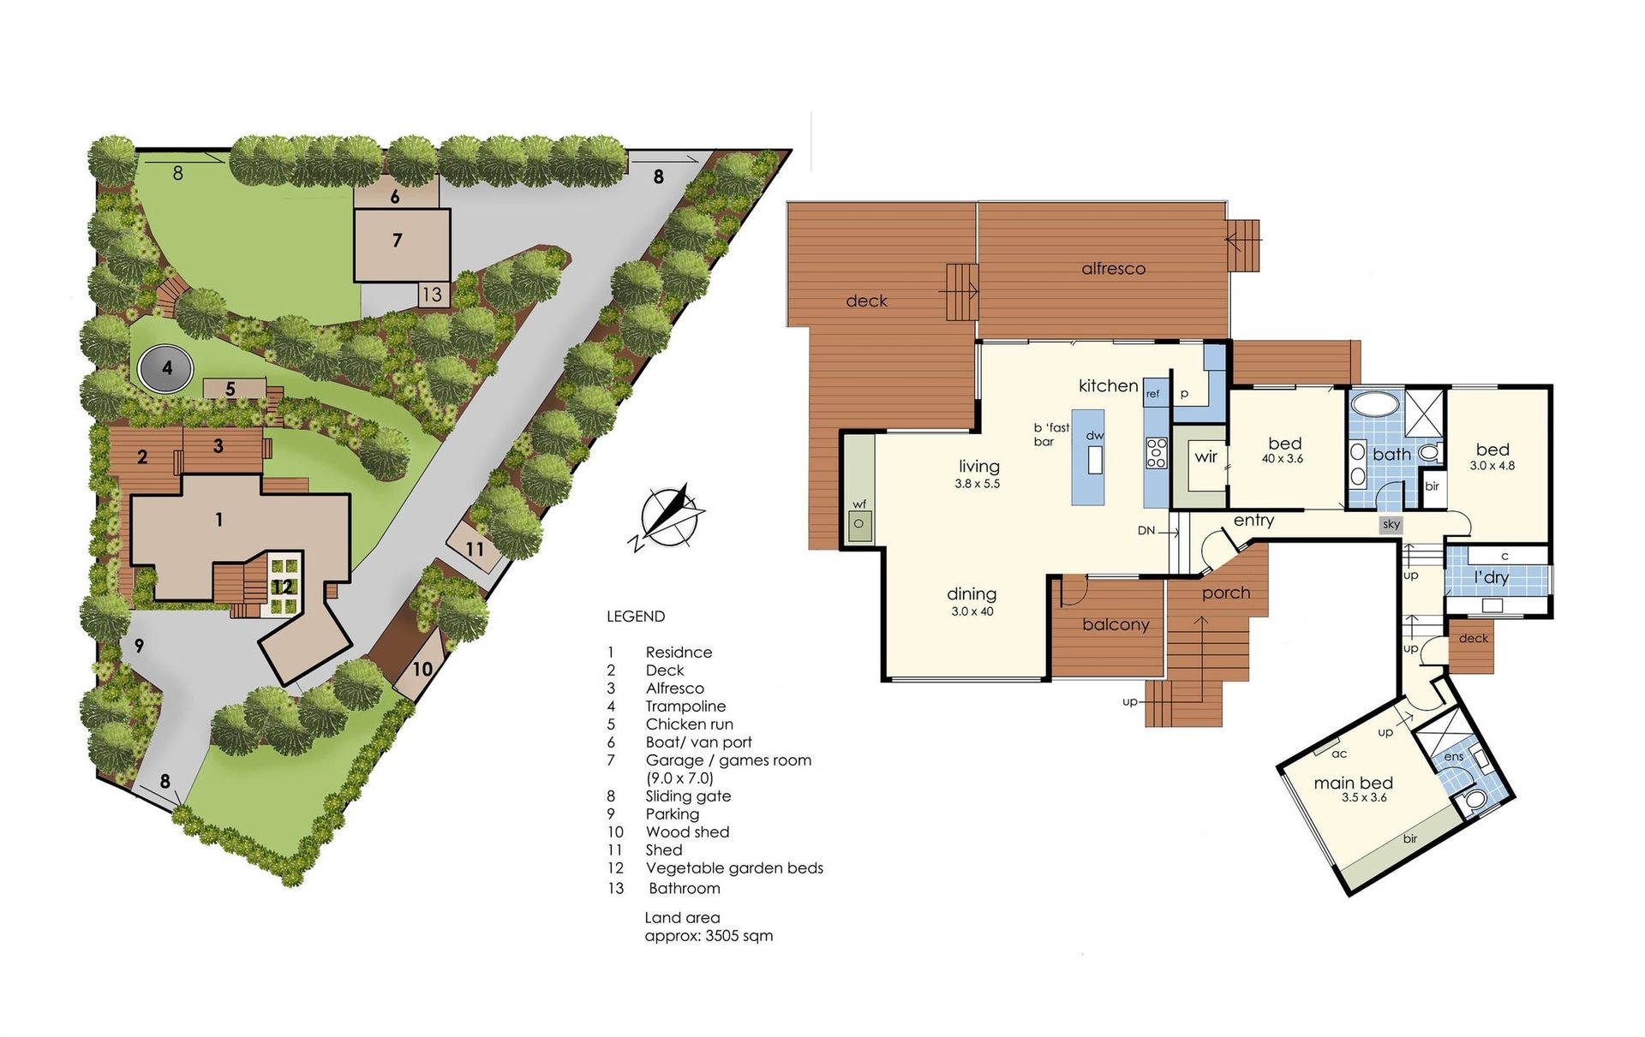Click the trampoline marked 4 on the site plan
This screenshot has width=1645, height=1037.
[x=165, y=369]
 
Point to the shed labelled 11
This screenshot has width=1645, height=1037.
[x=474, y=548]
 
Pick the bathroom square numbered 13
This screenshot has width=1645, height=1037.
[x=432, y=294]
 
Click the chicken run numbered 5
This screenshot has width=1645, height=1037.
[x=233, y=389]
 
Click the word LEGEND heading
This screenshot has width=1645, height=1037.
[x=636, y=617]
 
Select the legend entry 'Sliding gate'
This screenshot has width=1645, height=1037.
[x=688, y=796]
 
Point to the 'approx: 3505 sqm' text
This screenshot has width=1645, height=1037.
[x=709, y=936]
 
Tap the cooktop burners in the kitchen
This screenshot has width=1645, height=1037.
[x=1157, y=452]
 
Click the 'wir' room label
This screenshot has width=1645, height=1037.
[x=1205, y=456]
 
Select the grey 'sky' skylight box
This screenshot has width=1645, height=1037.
[x=1391, y=524]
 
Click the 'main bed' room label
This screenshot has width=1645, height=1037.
[x=1354, y=783]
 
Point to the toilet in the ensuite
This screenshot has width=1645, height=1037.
[x=1475, y=800]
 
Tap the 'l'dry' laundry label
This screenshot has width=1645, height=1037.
[x=1491, y=577]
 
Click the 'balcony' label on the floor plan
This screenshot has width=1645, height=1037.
[x=1116, y=625]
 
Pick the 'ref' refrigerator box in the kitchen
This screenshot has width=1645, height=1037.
[x=1153, y=393]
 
